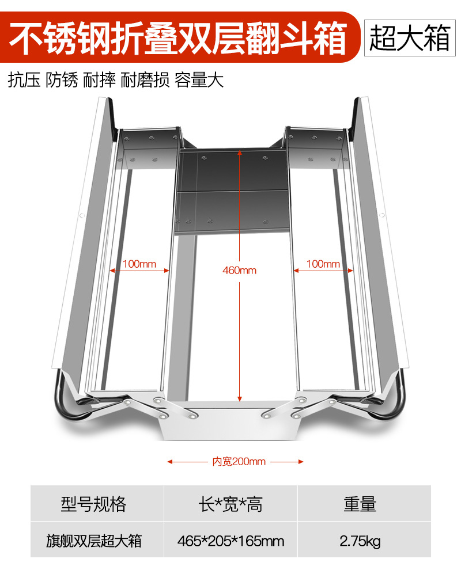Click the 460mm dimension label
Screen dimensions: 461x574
[240, 270]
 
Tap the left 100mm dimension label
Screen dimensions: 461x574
[139, 264]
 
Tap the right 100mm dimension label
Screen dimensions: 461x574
[323, 264]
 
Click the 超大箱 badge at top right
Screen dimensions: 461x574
[410, 39]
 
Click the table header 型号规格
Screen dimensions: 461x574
[93, 504]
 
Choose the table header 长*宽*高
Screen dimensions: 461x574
[231, 504]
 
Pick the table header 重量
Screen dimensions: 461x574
[360, 504]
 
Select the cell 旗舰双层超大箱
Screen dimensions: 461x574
[93, 541]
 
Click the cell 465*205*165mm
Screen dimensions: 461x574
[231, 541]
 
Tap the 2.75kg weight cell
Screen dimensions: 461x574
[360, 541]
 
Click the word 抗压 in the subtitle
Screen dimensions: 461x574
[24, 80]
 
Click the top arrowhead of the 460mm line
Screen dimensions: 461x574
[240, 154]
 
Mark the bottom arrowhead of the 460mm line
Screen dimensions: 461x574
[240, 397]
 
